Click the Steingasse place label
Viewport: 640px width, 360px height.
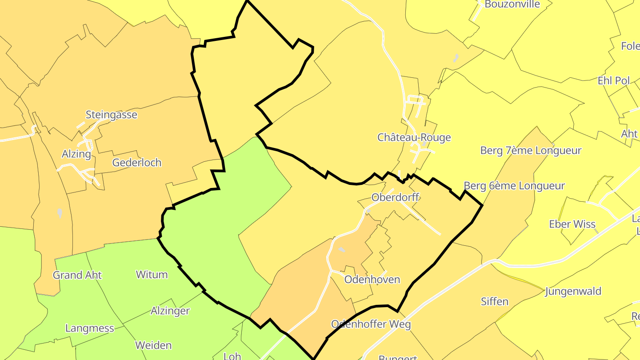point(111,115)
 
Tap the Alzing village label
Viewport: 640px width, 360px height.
point(76,154)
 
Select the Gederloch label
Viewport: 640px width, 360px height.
point(137,163)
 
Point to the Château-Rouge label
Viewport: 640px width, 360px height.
point(414,137)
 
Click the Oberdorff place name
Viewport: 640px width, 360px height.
point(395,197)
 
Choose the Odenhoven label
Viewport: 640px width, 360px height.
point(372,280)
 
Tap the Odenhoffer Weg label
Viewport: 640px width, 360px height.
point(371,324)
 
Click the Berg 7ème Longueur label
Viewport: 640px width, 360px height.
point(531,151)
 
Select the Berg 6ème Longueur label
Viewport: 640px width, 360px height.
point(514,186)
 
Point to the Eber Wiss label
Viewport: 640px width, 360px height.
point(572,224)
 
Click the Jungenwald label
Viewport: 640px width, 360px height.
point(573,292)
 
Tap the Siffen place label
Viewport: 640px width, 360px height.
point(495,302)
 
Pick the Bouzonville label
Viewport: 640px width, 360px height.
point(512,4)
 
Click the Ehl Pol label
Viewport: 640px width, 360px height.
point(614,81)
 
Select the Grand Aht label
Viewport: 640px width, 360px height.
point(77,275)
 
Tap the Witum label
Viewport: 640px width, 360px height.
point(152,275)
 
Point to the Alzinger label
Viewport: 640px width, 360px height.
point(170,311)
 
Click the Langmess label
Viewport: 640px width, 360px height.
point(90,328)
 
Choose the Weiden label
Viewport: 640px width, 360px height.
point(153,345)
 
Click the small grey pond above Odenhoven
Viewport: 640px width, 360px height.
point(341,250)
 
